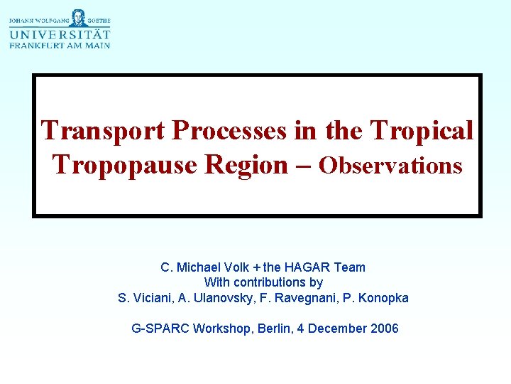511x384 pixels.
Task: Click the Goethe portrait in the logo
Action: pyautogui.click(x=60, y=18)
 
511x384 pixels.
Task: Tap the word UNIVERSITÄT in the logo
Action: pyautogui.click(x=60, y=34)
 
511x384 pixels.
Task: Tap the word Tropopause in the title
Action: pyautogui.click(x=125, y=165)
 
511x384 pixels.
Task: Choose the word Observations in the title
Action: pyautogui.click(x=390, y=166)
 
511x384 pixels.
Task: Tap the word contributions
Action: pyautogui.click(x=269, y=282)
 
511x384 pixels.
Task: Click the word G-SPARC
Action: pyautogui.click(x=160, y=329)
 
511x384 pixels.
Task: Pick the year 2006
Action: pyautogui.click(x=383, y=329)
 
